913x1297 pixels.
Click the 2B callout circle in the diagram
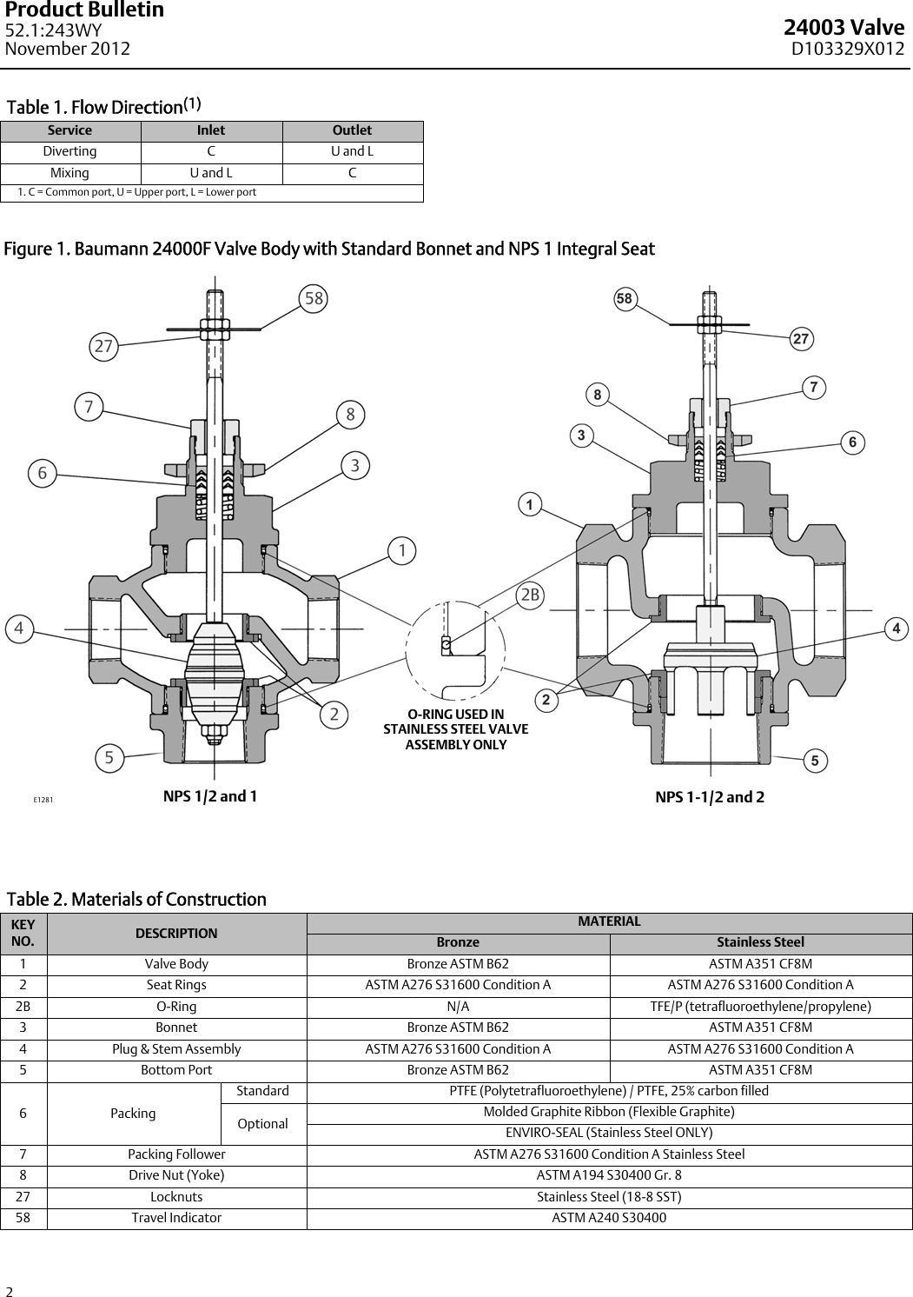click(530, 595)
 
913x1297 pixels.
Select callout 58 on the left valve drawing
click(314, 298)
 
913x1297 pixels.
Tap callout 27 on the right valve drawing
click(801, 339)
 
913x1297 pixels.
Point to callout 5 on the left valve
click(109, 758)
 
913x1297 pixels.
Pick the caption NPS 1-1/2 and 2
click(710, 797)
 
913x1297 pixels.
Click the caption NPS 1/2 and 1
click(210, 796)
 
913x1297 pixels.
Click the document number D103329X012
click(847, 49)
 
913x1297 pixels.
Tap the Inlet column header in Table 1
click(211, 130)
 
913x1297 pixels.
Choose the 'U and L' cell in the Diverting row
click(352, 151)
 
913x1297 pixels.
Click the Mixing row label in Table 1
click(69, 173)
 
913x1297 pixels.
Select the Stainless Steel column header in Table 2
click(760, 942)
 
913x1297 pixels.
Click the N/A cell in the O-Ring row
click(458, 1007)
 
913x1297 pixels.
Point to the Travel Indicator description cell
click(176, 1218)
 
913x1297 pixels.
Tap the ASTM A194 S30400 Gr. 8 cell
click(609, 1175)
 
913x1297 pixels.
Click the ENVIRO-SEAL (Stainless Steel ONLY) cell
click(609, 1133)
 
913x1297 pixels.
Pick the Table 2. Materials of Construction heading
click(136, 899)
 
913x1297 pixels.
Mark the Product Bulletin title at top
click(84, 10)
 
